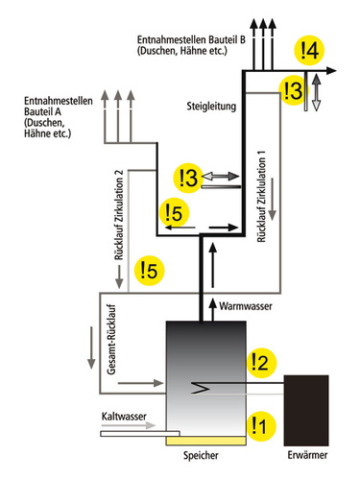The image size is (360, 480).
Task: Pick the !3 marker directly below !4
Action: pyautogui.click(x=292, y=90)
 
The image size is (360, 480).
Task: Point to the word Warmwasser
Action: pyautogui.click(x=245, y=306)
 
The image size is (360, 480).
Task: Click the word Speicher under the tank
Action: pyautogui.click(x=198, y=459)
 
